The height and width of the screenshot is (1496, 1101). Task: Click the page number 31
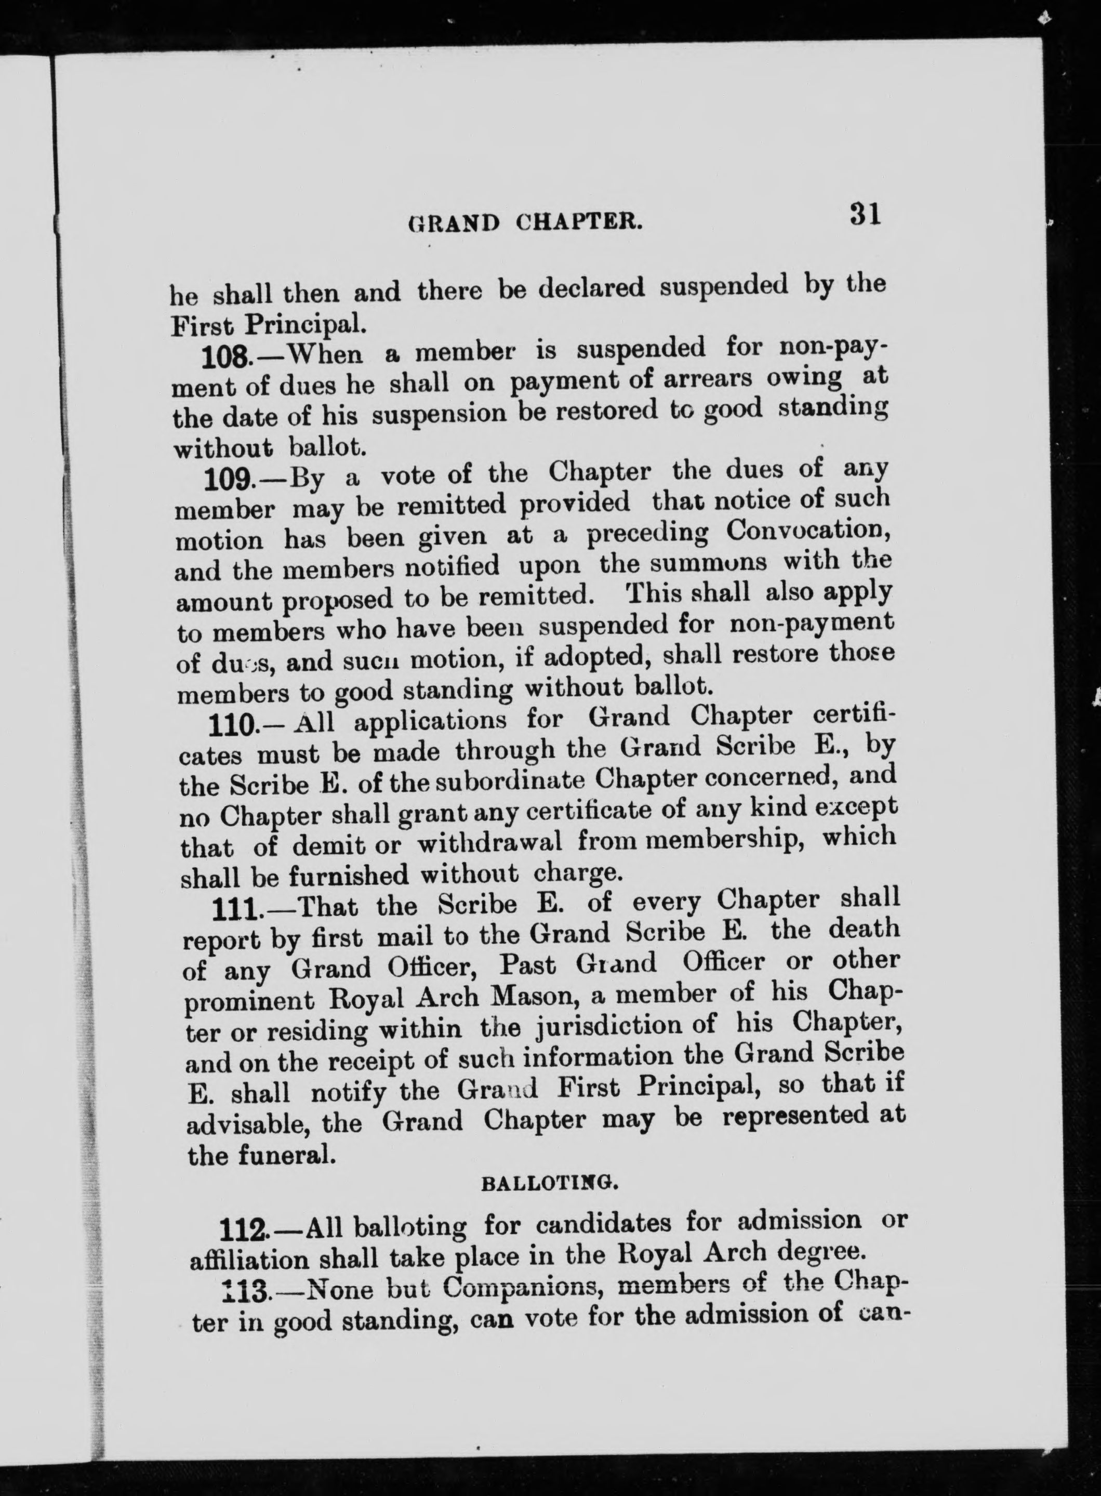865,215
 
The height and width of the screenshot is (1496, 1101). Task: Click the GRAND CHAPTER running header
525,221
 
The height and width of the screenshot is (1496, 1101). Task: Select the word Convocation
808,531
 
